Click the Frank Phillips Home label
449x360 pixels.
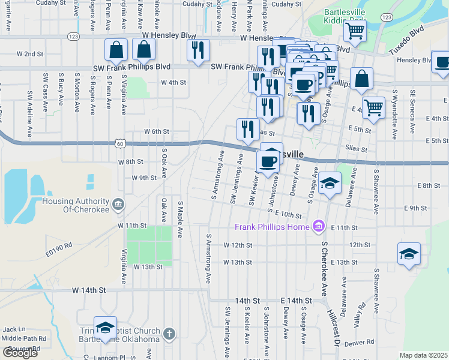[272, 227]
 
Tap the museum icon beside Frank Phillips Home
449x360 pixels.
[319, 226]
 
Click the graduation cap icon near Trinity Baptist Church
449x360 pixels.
[105, 327]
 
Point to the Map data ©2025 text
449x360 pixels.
[423, 355]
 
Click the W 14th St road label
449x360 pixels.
[89, 290]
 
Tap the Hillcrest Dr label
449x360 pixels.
[333, 328]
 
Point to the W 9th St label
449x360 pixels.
[144, 178]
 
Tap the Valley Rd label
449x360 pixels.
[361, 317]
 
